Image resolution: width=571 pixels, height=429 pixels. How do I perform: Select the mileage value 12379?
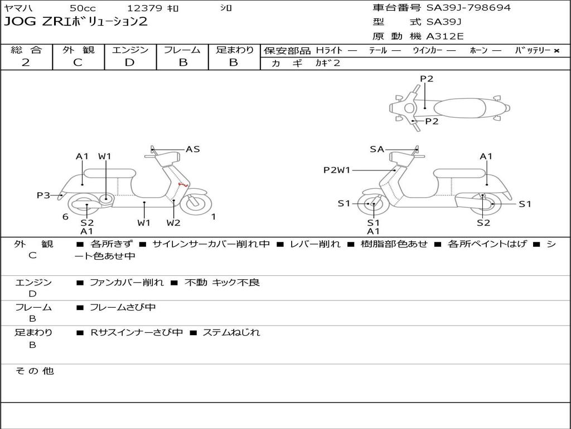tap(144, 8)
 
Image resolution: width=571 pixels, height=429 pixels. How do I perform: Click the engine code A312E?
tap(444, 36)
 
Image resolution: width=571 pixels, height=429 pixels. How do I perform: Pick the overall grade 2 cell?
tap(26, 63)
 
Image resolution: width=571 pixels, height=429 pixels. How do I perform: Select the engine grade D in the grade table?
tap(130, 63)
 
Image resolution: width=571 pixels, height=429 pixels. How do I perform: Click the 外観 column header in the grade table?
tap(78, 50)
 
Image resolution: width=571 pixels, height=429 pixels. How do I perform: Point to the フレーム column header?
tap(182, 50)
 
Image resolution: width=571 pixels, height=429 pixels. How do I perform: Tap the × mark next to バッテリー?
tap(556, 51)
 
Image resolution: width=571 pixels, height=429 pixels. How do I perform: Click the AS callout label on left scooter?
tap(192, 149)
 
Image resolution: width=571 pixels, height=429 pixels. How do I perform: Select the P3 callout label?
tap(43, 195)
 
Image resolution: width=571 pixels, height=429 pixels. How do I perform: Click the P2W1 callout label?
tap(337, 170)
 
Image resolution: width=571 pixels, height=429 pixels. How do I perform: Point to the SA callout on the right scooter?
tap(377, 149)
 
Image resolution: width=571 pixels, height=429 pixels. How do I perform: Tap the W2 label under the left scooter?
tap(173, 223)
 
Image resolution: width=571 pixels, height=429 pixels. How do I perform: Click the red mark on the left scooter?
tap(181, 184)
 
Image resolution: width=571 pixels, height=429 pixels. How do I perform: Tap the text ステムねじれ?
tap(231, 332)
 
